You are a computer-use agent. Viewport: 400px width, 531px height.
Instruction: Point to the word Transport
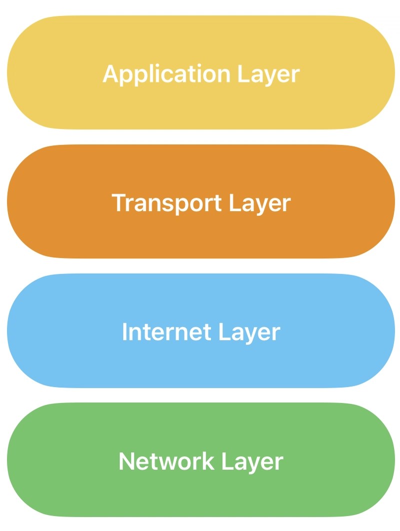click(166, 203)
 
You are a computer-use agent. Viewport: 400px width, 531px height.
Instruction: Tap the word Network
click(159, 461)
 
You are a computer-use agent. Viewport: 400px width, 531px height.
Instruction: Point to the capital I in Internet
click(124, 332)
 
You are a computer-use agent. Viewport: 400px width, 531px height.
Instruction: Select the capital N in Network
click(126, 461)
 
